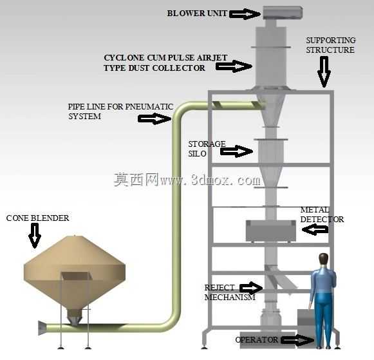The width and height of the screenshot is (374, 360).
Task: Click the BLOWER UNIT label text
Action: click(x=197, y=14)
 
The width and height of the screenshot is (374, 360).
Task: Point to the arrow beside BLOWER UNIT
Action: click(x=245, y=14)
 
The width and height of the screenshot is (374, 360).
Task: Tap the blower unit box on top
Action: click(x=283, y=13)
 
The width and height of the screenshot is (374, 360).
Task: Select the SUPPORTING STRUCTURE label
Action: click(x=331, y=45)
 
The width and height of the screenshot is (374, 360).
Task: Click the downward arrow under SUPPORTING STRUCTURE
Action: click(x=324, y=72)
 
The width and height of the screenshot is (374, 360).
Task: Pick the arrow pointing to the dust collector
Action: click(x=234, y=66)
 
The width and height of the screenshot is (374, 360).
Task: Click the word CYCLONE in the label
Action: click(x=124, y=58)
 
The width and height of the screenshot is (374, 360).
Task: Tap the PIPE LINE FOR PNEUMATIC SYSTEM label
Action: click(x=120, y=111)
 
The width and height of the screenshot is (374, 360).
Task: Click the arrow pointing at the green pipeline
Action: click(x=154, y=118)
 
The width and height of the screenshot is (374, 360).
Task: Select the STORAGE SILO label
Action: click(x=207, y=149)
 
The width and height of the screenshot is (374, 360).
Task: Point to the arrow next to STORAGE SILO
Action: click(x=237, y=151)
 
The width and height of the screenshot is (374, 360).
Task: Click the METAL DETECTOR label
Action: click(x=322, y=214)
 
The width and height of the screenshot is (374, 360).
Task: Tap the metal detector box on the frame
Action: click(x=271, y=231)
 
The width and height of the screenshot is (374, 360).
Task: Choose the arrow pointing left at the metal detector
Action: click(x=315, y=230)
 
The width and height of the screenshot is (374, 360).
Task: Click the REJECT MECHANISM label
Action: click(x=230, y=292)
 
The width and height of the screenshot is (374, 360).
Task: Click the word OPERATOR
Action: click(x=257, y=340)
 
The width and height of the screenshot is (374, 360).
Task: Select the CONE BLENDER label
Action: click(x=38, y=218)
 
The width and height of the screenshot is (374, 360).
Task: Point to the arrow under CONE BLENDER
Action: click(x=35, y=236)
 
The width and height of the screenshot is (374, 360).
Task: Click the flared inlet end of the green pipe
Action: click(x=42, y=328)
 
